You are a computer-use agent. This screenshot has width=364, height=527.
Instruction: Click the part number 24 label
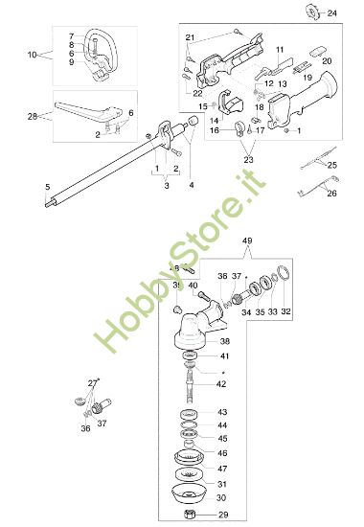click(x=331, y=13)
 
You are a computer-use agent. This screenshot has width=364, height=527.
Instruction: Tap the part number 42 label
click(x=221, y=383)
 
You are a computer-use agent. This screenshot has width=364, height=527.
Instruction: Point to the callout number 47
click(x=221, y=469)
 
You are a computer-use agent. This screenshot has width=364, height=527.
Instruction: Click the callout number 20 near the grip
click(x=326, y=60)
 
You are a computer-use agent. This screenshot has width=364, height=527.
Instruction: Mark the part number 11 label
click(x=280, y=49)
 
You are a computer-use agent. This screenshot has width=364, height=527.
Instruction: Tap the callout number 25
click(x=331, y=165)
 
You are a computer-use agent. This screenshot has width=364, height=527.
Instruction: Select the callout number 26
click(x=331, y=194)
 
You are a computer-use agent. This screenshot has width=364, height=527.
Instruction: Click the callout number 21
click(x=190, y=36)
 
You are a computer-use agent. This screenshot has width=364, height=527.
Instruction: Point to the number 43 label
click(x=221, y=412)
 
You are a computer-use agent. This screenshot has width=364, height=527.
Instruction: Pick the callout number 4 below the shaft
click(x=191, y=183)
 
